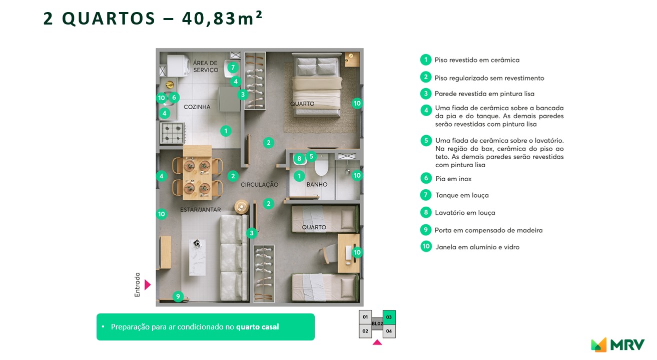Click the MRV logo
coord(617,344)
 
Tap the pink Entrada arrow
coord(147,285)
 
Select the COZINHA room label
coord(197,107)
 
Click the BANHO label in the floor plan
coord(317,185)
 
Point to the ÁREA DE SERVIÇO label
coord(205,67)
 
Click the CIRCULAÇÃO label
coord(259,185)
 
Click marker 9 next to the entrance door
coord(178,296)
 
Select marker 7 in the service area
coord(233,67)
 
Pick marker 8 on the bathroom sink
coord(299,159)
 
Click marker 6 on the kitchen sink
coord(174,97)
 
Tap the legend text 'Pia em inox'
coord(453,179)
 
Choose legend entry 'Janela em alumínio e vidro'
coord(477,247)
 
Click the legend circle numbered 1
coord(425,60)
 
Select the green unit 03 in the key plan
coord(389,317)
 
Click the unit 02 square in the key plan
coord(365,331)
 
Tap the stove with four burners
coord(172,133)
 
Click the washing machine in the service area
coord(176,65)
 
